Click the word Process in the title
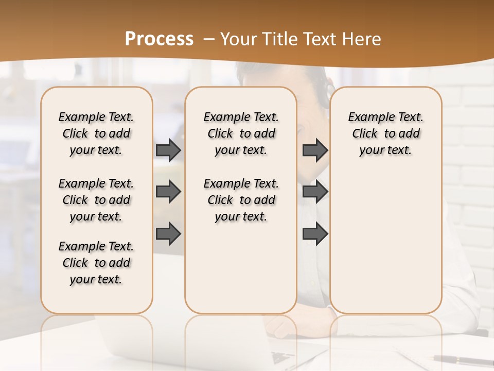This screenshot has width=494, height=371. [159, 39]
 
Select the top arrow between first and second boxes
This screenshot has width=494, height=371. [168, 150]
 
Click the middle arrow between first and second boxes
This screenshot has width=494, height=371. [168, 192]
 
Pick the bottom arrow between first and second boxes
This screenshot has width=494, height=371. [168, 233]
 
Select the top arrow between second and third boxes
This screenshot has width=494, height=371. [315, 150]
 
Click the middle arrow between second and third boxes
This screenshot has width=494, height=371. [315, 192]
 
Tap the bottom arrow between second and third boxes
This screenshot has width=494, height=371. [315, 233]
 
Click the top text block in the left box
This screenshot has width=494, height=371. [96, 133]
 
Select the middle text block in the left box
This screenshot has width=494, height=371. [96, 200]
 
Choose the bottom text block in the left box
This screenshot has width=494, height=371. [96, 263]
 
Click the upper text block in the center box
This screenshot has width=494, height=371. [241, 133]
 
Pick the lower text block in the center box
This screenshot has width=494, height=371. [241, 200]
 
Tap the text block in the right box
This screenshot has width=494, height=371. [386, 133]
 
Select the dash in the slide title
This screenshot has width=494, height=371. [209, 39]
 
